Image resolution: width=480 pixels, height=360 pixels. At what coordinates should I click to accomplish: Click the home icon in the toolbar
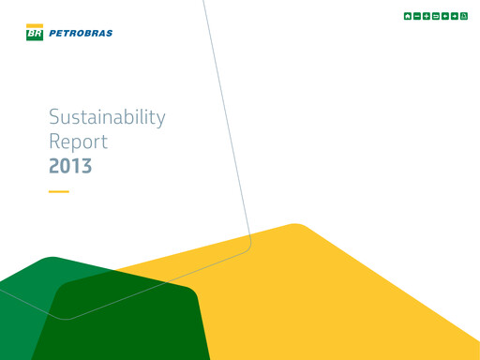pyautogui.click(x=408, y=17)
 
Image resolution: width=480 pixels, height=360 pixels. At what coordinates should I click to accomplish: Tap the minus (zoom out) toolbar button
pyautogui.click(x=417, y=17)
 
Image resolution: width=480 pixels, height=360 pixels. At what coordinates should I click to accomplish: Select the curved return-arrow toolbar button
pyautogui.click(x=436, y=17)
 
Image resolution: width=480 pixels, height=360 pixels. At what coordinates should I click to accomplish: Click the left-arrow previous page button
pyautogui.click(x=445, y=17)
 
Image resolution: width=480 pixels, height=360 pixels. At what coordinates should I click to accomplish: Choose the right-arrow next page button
pyautogui.click(x=455, y=17)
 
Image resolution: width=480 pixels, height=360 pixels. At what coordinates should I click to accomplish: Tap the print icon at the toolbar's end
pyautogui.click(x=464, y=17)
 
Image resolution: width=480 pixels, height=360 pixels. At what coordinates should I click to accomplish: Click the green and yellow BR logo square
pyautogui.click(x=35, y=33)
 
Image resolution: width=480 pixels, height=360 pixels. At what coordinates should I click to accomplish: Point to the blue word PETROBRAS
pyautogui.click(x=81, y=34)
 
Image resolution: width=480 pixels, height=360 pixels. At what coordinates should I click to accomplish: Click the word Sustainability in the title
pyautogui.click(x=107, y=118)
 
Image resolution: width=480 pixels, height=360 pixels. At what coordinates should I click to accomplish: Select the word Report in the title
pyautogui.click(x=78, y=142)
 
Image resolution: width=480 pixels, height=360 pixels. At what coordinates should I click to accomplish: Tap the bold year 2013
pyautogui.click(x=70, y=167)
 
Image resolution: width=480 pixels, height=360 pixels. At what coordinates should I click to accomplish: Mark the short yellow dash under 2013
pyautogui.click(x=58, y=191)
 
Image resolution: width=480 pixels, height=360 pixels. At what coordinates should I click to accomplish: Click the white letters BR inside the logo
pyautogui.click(x=35, y=35)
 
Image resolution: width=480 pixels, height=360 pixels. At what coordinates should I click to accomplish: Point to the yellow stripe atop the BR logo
pyautogui.click(x=35, y=26)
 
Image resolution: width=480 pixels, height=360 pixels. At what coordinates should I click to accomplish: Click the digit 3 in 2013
pyautogui.click(x=86, y=167)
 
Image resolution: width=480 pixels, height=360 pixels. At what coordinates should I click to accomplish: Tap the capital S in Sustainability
pyautogui.click(x=54, y=118)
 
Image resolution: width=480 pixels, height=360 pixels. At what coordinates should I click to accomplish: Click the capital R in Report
pyautogui.click(x=54, y=142)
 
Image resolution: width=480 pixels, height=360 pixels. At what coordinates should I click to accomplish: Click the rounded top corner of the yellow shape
pyautogui.click(x=296, y=225)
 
